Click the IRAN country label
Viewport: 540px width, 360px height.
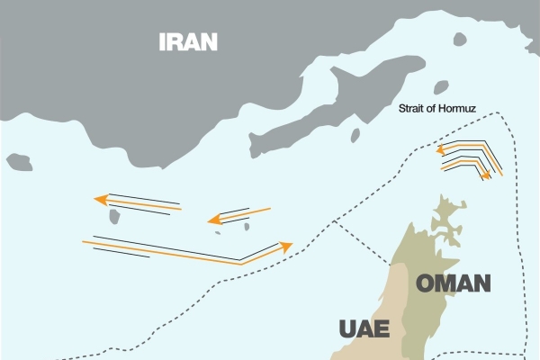click(x=188, y=41)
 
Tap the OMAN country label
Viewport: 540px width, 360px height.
click(x=453, y=284)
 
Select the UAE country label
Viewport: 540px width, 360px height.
click(x=364, y=328)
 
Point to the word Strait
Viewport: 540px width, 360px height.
click(x=417, y=110)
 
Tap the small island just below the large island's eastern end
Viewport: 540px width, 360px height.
click(x=355, y=135)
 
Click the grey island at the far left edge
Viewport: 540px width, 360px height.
click(x=18, y=161)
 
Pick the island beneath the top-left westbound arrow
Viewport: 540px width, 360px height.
click(x=116, y=217)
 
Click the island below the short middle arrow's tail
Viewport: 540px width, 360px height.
click(x=246, y=226)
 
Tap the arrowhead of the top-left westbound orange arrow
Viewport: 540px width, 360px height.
click(x=98, y=200)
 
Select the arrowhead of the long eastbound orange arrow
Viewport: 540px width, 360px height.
click(x=287, y=244)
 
